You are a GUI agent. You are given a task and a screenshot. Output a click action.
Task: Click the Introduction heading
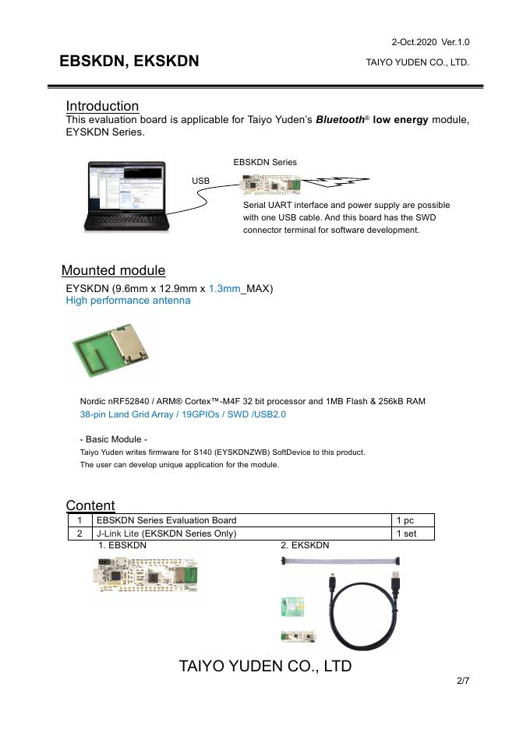coord(102,106)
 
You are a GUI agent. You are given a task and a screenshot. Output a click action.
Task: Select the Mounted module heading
coord(113,270)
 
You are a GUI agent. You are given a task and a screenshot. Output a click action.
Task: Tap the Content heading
coord(90,505)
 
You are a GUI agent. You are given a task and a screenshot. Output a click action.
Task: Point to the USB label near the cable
coord(200,181)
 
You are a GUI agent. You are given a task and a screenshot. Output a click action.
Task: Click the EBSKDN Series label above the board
coord(265,162)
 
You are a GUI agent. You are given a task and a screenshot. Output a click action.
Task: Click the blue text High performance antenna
coord(128,300)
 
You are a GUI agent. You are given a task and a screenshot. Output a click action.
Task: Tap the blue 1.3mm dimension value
coord(224,288)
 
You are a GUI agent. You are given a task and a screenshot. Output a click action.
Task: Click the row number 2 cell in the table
coord(79,534)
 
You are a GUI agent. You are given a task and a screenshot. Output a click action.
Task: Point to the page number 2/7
coord(463,681)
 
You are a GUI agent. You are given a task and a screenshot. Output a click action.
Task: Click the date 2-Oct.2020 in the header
coord(413,41)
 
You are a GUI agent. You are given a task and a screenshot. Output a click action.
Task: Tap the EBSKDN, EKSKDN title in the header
coord(129,61)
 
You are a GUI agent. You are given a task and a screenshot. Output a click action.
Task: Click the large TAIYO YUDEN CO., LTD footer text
coord(265,666)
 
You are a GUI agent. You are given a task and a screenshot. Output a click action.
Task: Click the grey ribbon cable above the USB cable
coord(341,560)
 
